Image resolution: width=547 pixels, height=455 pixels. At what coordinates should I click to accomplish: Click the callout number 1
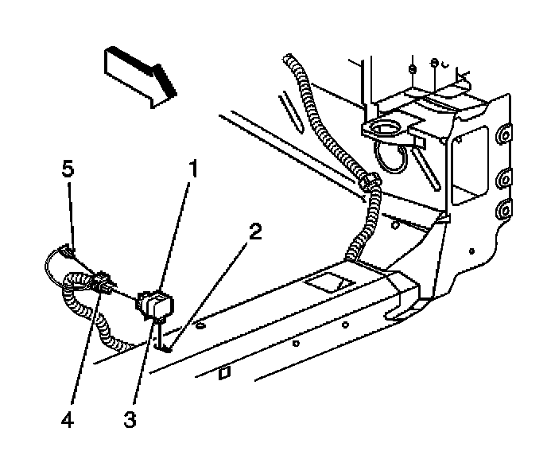[191, 169]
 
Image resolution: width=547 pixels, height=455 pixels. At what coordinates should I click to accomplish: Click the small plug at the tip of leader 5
[66, 253]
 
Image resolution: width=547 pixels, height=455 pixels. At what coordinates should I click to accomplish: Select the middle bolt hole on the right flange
[503, 176]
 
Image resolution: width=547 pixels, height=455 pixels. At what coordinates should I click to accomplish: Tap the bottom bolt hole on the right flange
[503, 212]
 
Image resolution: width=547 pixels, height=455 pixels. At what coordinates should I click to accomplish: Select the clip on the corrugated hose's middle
[368, 182]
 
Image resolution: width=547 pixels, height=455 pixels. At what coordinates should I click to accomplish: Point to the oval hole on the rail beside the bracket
[201, 325]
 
